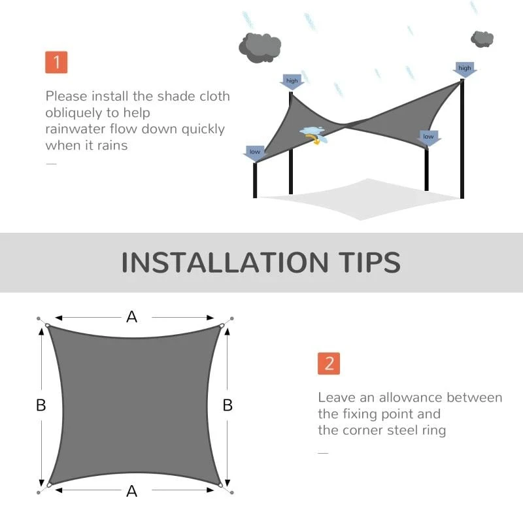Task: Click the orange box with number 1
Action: (x=56, y=62)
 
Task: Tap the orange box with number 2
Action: (x=329, y=363)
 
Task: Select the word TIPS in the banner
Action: (x=365, y=262)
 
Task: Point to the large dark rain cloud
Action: (x=260, y=45)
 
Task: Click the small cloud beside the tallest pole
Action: (x=482, y=39)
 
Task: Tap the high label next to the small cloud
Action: (x=464, y=69)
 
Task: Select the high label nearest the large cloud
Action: (x=292, y=82)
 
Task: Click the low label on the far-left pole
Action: (x=254, y=152)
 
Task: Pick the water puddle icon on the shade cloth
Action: (x=313, y=133)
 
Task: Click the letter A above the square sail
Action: (x=132, y=317)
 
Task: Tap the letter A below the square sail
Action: (x=132, y=491)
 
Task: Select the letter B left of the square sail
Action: (x=41, y=405)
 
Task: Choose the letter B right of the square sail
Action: (x=228, y=405)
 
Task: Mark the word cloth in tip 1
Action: (x=212, y=96)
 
